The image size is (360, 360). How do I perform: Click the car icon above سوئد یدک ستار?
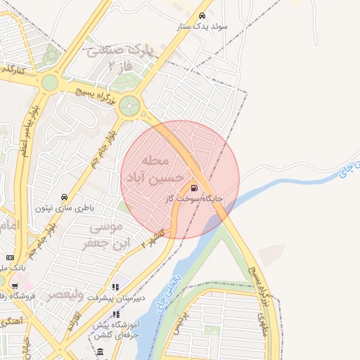coord(202,15)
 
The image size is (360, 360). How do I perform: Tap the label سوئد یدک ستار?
coord(205,27)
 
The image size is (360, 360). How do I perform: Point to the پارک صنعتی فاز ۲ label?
coord(119,57)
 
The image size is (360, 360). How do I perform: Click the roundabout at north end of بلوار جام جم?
coord(129,107)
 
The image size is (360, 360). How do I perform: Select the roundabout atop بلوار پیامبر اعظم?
coord(49,83)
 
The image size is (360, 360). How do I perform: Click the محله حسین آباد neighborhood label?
coord(156,170)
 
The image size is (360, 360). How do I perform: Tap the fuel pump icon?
coord(193,188)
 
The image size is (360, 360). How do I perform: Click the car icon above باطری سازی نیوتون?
coord(65,197)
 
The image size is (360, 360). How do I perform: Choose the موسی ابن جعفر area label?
coord(101,235)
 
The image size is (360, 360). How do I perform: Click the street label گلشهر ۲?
coord(152,236)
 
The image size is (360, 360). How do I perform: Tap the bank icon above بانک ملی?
coord(11,258)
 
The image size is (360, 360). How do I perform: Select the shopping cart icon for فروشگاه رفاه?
coord(15,286)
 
